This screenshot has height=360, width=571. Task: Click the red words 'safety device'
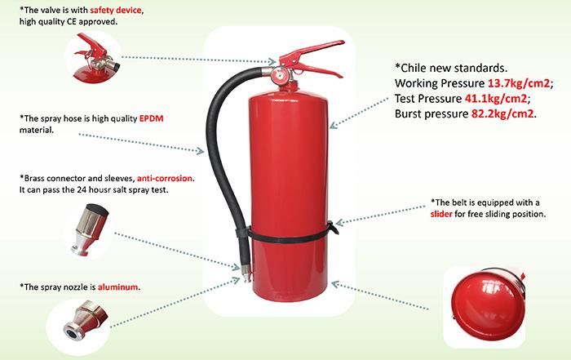point(117,9)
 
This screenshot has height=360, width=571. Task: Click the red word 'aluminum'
point(117,287)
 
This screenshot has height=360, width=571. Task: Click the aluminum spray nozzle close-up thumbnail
point(77,319)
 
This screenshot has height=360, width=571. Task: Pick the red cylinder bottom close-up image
point(487,300)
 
